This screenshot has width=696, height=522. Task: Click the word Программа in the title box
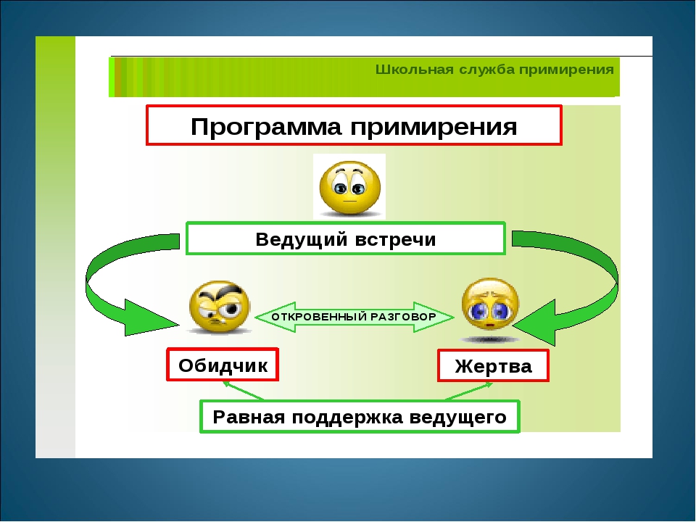click(x=266, y=126)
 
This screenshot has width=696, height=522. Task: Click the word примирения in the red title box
click(x=434, y=126)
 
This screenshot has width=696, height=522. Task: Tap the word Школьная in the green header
click(x=408, y=70)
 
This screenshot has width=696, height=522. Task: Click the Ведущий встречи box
click(x=346, y=239)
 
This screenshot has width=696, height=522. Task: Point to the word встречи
click(x=396, y=239)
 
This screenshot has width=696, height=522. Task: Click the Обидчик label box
click(x=223, y=365)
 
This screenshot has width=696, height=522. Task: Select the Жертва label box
click(x=493, y=365)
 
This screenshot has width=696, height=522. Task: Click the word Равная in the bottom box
click(x=249, y=418)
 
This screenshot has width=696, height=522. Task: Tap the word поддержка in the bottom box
click(x=347, y=418)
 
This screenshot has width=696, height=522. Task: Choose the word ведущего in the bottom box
click(x=457, y=418)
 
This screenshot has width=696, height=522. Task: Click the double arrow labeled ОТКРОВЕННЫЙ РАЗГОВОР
click(x=355, y=317)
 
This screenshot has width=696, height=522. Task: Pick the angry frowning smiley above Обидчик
click(x=220, y=307)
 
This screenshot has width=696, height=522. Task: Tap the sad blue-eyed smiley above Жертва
click(x=490, y=305)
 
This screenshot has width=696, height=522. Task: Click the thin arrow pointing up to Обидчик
click(x=244, y=391)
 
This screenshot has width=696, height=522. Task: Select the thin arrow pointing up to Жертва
click(x=469, y=391)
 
